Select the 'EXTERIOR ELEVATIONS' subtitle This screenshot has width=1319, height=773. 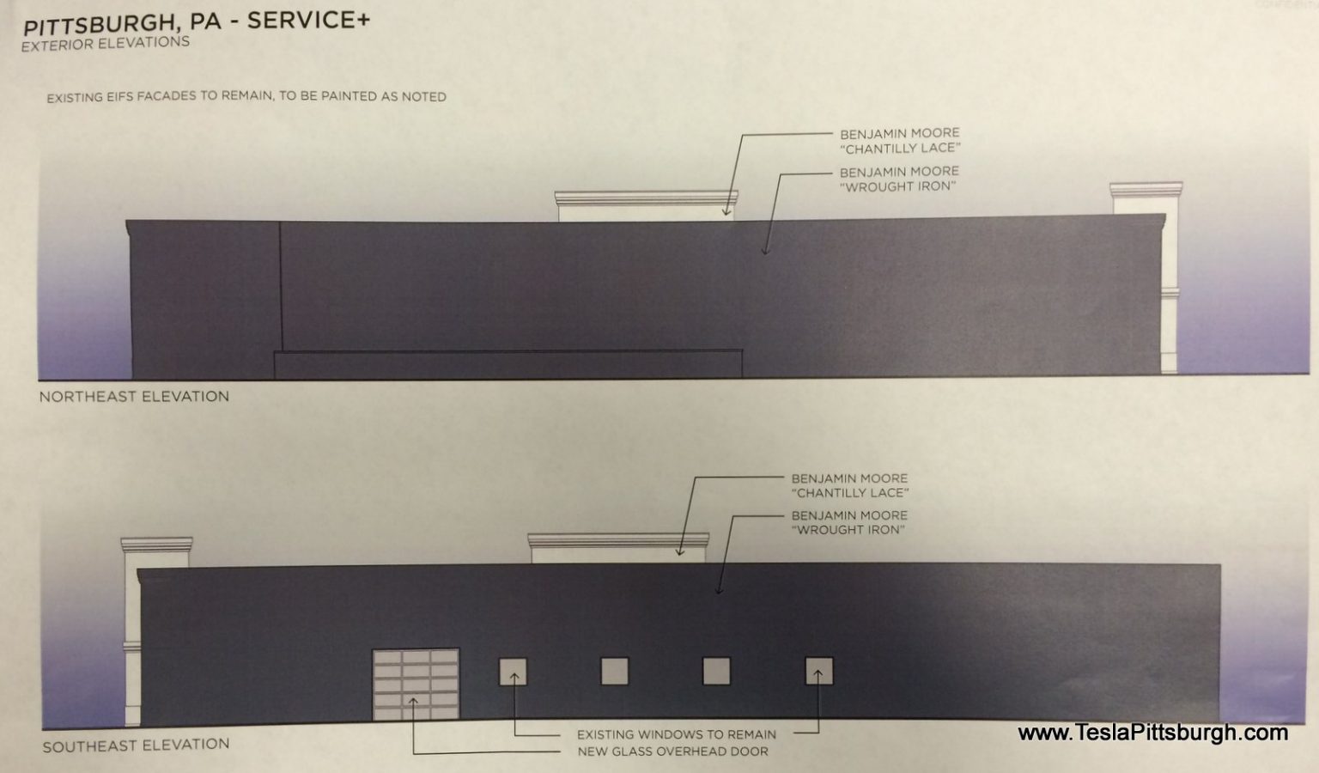pos(106,44)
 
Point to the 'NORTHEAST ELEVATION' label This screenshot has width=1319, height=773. pos(134,397)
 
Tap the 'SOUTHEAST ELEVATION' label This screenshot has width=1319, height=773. pos(136,746)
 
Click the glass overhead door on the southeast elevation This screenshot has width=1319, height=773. pos(416,684)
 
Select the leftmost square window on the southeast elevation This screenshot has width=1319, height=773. pos(513,672)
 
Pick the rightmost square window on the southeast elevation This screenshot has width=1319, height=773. pos(819,671)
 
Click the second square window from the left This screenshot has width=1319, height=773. pos(614,672)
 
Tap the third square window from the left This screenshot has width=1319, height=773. pos(717,671)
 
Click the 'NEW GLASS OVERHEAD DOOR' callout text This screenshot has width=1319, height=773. pos(672,752)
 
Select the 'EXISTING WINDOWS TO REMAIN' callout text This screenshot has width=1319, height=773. pos(677,734)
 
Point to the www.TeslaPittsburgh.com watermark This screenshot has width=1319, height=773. pos(1152,733)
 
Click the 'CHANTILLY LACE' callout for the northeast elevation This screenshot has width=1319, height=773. pos(900,141)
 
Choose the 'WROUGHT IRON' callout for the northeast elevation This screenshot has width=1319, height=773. pos(899,180)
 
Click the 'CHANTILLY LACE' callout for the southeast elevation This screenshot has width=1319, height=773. pos(849,485)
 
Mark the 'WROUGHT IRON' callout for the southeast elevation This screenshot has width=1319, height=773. pos(849,522)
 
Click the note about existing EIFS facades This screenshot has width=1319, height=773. pos(246,96)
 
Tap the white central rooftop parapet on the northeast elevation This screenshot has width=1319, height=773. pos(646,206)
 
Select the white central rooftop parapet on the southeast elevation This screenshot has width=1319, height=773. pos(618,549)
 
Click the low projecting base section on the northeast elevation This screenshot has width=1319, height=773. pos(508,365)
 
